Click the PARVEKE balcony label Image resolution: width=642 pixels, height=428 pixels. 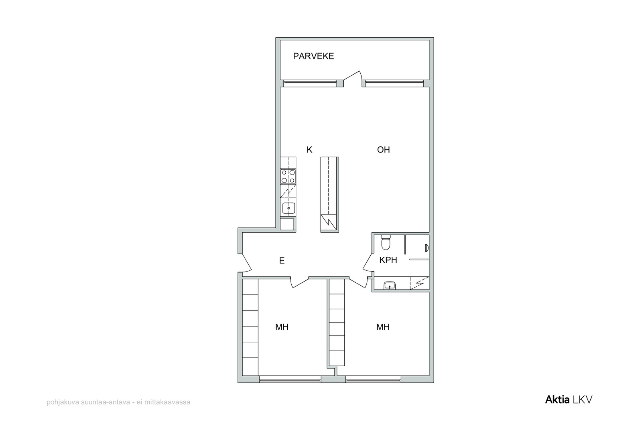point(313,56)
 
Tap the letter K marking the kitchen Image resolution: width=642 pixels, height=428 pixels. point(309,150)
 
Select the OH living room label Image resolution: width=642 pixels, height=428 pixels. point(384,150)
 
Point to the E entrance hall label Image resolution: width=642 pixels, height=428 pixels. point(282,260)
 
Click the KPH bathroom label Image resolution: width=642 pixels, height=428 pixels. point(388,260)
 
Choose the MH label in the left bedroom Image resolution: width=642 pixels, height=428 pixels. point(282,327)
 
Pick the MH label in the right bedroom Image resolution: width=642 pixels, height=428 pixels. point(383,327)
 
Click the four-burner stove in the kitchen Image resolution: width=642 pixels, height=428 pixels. point(288,176)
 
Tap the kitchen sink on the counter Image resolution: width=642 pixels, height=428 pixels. point(288,208)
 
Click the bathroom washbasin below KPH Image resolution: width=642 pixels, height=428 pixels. point(390,286)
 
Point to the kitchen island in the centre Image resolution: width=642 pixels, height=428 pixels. point(329,194)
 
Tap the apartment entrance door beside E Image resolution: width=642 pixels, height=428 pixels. point(245,263)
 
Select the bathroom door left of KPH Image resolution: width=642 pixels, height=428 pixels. point(368,262)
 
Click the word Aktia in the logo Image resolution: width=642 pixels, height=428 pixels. point(557,400)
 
